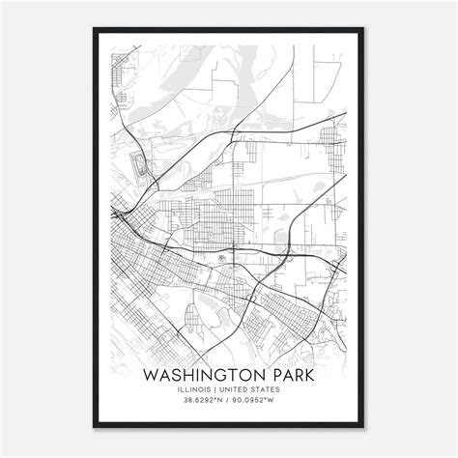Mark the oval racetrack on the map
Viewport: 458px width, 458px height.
pos(143,165)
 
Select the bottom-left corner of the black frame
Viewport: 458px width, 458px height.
pos(95,426)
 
